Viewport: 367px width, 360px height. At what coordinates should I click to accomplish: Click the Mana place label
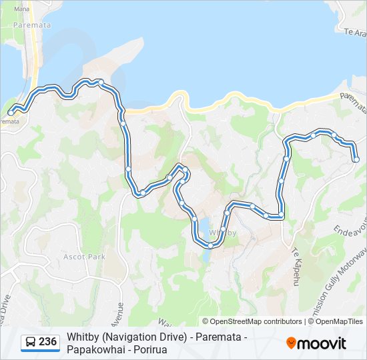[x=21, y=9]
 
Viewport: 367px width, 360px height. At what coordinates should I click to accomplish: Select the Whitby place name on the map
[x=223, y=233]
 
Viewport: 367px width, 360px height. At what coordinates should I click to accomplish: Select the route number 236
[x=47, y=342]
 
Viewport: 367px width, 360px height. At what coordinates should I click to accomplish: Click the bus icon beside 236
[x=31, y=342]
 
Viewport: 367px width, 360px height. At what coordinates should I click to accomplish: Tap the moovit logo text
[x=322, y=343]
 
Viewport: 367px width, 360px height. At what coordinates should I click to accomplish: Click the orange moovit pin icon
[x=291, y=343]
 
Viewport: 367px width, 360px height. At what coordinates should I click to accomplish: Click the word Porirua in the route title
[x=149, y=349]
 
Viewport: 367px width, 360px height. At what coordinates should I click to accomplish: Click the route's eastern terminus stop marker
[x=356, y=159]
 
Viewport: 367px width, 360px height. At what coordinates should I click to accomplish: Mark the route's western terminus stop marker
[x=11, y=112]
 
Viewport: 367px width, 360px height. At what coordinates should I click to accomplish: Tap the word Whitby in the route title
[x=83, y=337]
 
